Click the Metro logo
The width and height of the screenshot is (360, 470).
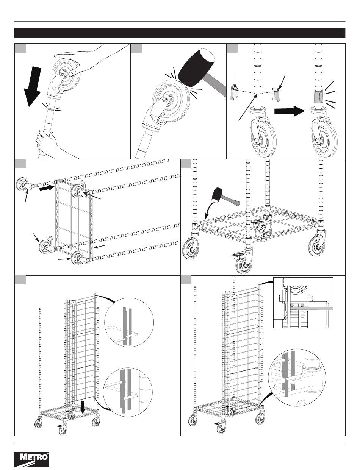click(32, 459)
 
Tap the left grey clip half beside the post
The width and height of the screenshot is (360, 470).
click(235, 93)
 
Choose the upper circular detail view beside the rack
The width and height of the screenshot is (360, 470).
click(129, 320)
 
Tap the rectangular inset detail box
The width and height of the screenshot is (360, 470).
click(303, 302)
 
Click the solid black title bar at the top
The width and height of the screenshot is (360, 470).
click(180, 33)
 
